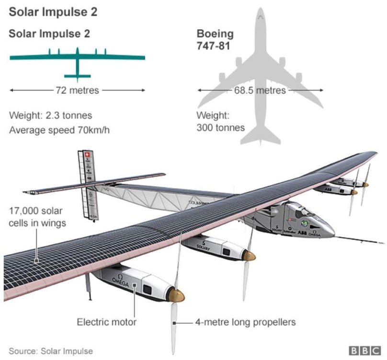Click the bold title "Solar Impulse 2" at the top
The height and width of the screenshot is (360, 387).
point(53,12)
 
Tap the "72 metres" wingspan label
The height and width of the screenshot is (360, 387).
point(78,90)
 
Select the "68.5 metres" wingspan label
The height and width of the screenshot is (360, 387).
point(260,90)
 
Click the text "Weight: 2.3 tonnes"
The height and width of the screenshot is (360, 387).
point(50,116)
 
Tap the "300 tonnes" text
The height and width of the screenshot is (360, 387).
point(221,128)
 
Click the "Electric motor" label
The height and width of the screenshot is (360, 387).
point(106,322)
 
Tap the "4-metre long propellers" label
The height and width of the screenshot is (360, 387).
point(245,322)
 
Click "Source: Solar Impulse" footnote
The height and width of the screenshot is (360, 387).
point(51,351)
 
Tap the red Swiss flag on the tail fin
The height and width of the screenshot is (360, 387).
point(87,155)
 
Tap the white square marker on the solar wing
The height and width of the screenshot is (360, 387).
point(37,261)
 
